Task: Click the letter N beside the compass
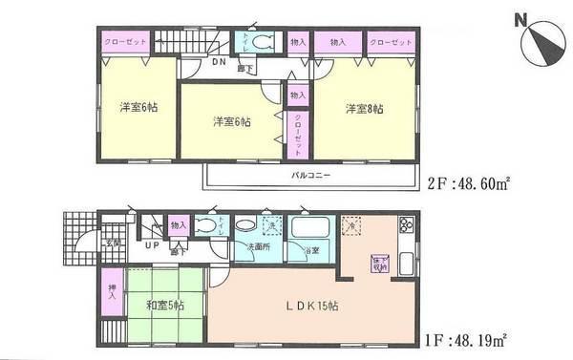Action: tap(519, 19)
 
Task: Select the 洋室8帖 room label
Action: tap(365, 109)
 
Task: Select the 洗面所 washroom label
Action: tap(260, 246)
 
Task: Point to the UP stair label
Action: tap(152, 245)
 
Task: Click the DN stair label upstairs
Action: tap(220, 63)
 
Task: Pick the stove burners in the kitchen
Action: tap(405, 226)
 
